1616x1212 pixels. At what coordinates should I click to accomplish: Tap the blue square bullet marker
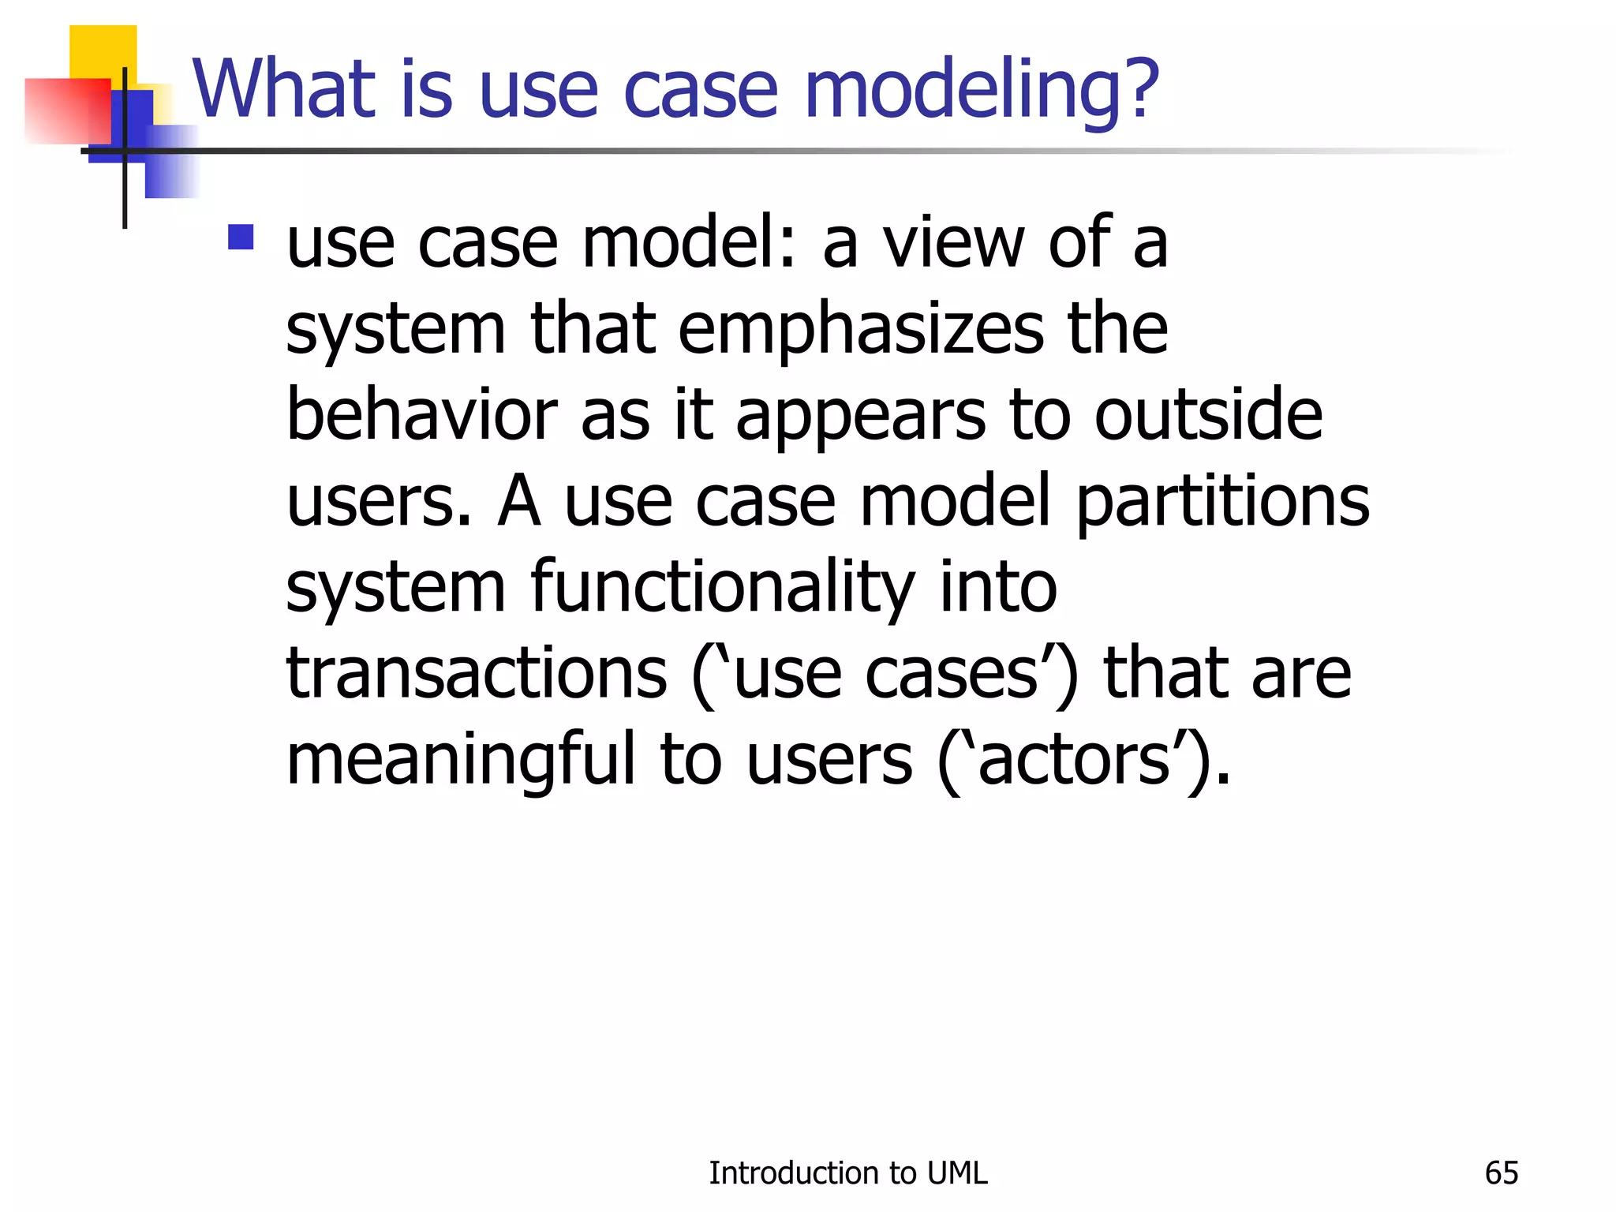(241, 238)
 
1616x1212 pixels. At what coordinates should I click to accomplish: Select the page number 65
(1501, 1173)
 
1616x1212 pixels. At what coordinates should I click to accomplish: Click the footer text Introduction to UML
(847, 1173)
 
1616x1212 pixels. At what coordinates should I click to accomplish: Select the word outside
(1207, 416)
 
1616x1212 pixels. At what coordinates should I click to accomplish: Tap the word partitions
(1223, 503)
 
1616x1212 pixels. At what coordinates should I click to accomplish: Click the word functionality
(722, 588)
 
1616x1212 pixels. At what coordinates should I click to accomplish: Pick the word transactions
(477, 675)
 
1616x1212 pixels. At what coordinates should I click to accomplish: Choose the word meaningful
(460, 760)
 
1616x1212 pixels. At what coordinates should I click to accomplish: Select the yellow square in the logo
(103, 51)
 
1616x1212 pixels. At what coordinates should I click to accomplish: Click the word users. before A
(378, 503)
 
